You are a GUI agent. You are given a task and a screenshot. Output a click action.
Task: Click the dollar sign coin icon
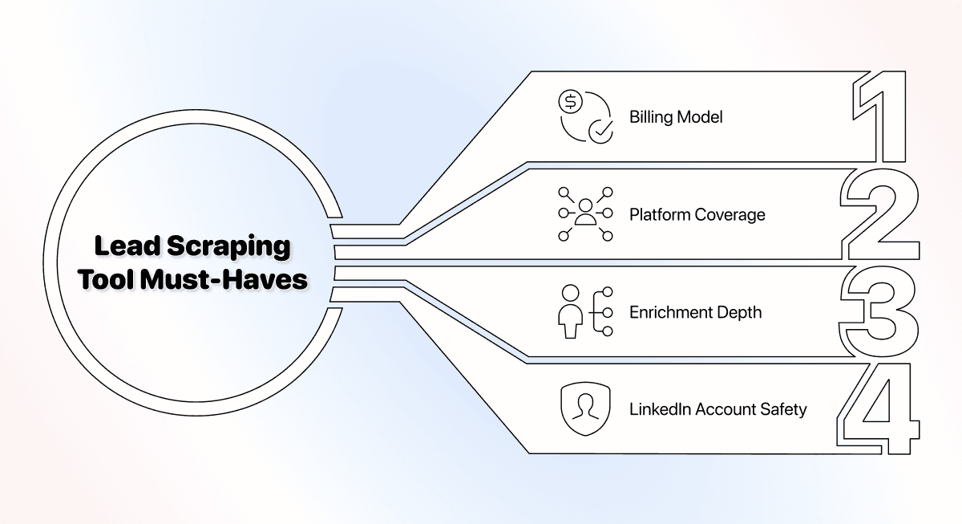pyautogui.click(x=570, y=102)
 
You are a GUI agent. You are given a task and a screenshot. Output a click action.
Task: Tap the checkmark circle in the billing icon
pyautogui.click(x=600, y=131)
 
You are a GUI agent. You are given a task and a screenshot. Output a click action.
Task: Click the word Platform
pyautogui.click(x=660, y=214)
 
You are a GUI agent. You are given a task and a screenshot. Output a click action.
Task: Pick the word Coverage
pyautogui.click(x=730, y=215)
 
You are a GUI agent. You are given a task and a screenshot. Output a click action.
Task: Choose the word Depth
pyautogui.click(x=742, y=313)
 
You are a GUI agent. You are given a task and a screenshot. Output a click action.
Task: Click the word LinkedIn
pyautogui.click(x=660, y=409)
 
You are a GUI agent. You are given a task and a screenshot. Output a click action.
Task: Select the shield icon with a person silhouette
pyautogui.click(x=585, y=408)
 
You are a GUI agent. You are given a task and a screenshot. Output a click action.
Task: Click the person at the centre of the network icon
pyautogui.click(x=585, y=212)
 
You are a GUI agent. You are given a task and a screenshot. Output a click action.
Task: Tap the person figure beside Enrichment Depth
pyautogui.click(x=570, y=311)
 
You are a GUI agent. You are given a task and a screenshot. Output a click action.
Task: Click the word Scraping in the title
pyautogui.click(x=228, y=246)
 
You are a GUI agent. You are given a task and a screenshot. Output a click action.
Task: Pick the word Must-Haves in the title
pyautogui.click(x=224, y=279)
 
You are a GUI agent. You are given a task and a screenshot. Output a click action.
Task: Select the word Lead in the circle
pyautogui.click(x=127, y=246)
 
